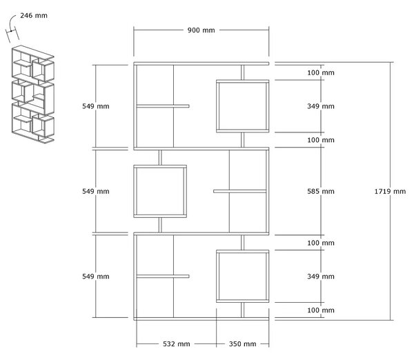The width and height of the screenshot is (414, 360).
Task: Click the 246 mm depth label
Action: pos(34,16)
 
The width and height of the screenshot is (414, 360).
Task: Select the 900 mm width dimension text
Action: pos(201,30)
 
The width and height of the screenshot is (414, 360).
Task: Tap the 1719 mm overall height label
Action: pos(390,191)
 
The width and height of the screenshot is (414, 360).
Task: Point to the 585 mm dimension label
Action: pos(321,191)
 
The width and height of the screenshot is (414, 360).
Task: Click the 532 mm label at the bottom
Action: pos(177,344)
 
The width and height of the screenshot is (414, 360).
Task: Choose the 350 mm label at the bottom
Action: pos(242,344)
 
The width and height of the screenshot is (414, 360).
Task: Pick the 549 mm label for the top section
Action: pos(96,106)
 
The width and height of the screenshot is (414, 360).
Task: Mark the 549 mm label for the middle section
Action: pos(96,191)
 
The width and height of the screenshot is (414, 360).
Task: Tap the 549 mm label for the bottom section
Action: pos(96,277)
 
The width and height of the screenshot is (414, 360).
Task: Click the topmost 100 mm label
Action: pos(321,72)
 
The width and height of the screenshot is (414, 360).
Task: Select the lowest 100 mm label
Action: pos(321,310)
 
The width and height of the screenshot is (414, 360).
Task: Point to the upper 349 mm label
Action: pos(321,106)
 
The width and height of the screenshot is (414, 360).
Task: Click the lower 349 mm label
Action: pos(321,277)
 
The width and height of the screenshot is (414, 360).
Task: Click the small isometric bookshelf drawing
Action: pos(33,94)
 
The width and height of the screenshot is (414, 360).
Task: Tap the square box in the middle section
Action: pos(134,191)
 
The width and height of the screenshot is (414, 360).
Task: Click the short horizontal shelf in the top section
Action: pos(163,106)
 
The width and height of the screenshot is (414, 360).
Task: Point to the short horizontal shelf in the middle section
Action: pos(239,191)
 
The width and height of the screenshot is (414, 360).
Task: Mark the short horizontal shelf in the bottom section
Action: pos(163,277)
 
